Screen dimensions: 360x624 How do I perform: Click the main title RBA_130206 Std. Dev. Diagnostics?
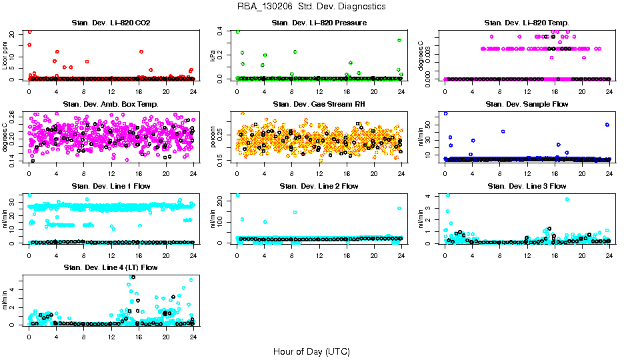311,7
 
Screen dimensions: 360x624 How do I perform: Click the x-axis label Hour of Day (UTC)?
311,351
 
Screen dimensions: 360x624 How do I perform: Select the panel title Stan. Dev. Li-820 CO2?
111,23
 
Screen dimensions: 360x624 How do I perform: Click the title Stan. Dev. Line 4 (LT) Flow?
111,267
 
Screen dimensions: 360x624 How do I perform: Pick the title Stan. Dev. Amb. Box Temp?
111,104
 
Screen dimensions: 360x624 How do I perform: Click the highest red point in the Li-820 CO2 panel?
29,32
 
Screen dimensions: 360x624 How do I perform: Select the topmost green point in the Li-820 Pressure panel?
238,32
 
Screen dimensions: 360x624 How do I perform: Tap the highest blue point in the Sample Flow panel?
445,113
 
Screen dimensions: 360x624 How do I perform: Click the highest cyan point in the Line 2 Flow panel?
237,195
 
